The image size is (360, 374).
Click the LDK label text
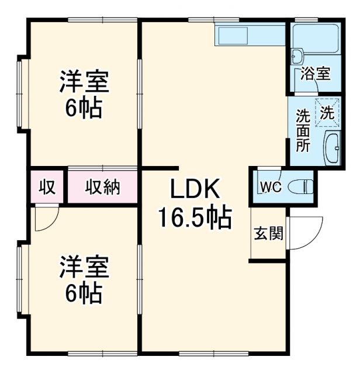[195, 189]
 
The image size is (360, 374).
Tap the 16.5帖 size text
[194, 218]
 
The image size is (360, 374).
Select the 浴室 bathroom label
[316, 74]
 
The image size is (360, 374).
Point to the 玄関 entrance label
[268, 234]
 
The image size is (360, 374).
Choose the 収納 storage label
[103, 187]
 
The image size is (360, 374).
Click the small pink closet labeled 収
[47, 187]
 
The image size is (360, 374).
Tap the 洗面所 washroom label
[302, 130]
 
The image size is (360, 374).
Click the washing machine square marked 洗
[327, 112]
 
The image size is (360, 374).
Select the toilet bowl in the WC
[301, 187]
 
